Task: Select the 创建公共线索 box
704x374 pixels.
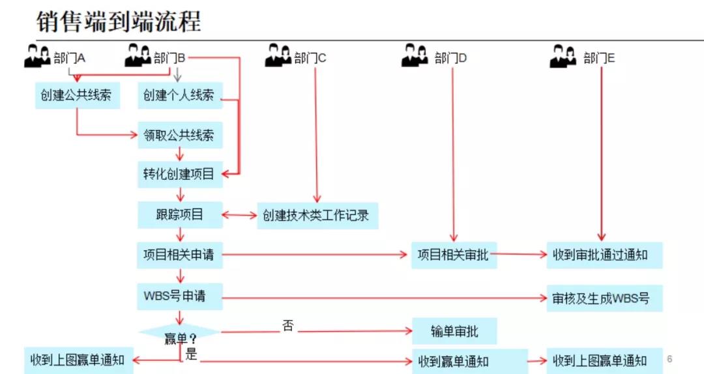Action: (77, 96)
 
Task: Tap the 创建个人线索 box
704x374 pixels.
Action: (179, 96)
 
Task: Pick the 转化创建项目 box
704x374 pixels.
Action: (179, 175)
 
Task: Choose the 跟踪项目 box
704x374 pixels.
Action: (179, 214)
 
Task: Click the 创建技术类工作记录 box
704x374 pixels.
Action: (317, 215)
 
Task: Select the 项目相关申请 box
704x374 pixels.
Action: (179, 255)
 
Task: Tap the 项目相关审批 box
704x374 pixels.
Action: (453, 255)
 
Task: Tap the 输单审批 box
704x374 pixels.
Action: (454, 331)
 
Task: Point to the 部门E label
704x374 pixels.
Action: (599, 59)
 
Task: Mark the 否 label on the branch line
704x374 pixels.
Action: (287, 324)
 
